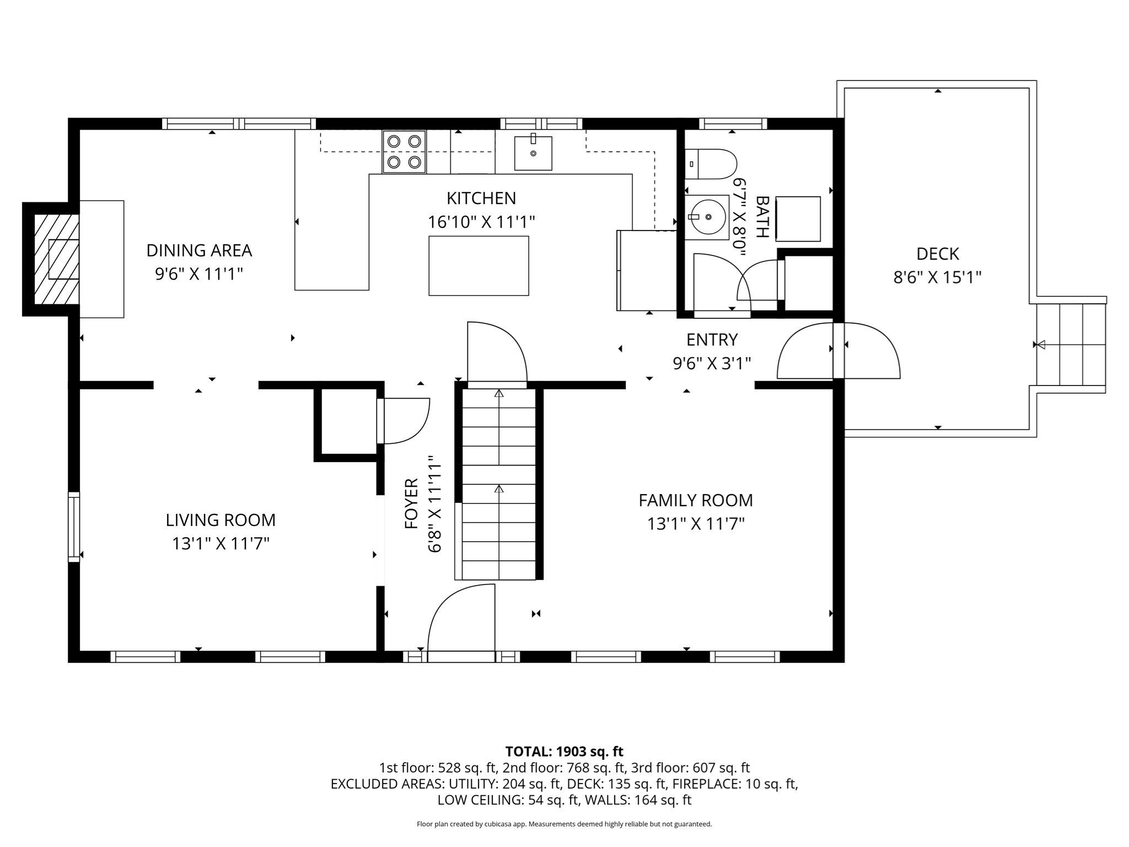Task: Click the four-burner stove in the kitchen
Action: click(x=404, y=152)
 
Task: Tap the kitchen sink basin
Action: click(x=533, y=153)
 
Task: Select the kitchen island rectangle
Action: click(x=479, y=266)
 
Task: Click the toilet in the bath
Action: click(x=711, y=164)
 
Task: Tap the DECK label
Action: click(x=937, y=254)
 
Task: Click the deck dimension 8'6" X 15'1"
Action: click(x=937, y=277)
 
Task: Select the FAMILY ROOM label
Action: click(x=696, y=500)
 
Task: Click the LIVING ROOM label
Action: click(x=221, y=520)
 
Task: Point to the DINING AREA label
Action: click(x=199, y=250)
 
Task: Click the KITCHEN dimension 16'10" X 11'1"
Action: click(x=481, y=222)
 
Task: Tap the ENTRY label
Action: click(x=712, y=339)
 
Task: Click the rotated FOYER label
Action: click(x=412, y=503)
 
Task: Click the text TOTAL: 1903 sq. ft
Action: click(x=564, y=751)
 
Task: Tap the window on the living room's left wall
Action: click(x=74, y=527)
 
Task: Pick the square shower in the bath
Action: click(x=798, y=218)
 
